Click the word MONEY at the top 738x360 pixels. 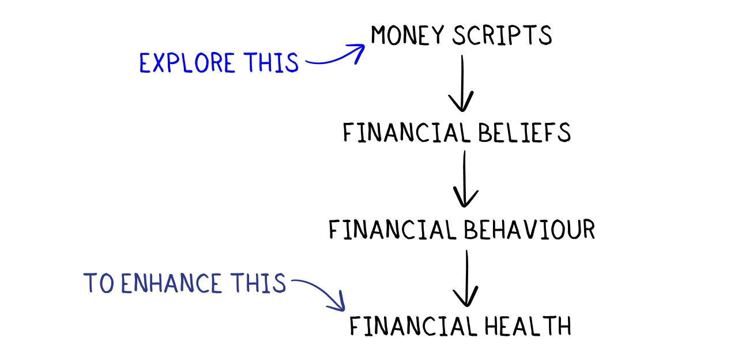tap(408, 36)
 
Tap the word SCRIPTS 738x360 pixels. tap(502, 36)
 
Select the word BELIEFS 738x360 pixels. tap(524, 133)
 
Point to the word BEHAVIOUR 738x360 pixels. tap(529, 230)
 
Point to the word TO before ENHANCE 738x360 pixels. tap(98, 284)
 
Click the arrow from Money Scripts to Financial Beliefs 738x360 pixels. tap(461, 84)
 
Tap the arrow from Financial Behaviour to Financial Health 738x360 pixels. tap(466, 278)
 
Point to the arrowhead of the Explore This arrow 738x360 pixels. tap(359, 51)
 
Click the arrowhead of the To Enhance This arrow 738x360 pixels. tap(339, 304)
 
